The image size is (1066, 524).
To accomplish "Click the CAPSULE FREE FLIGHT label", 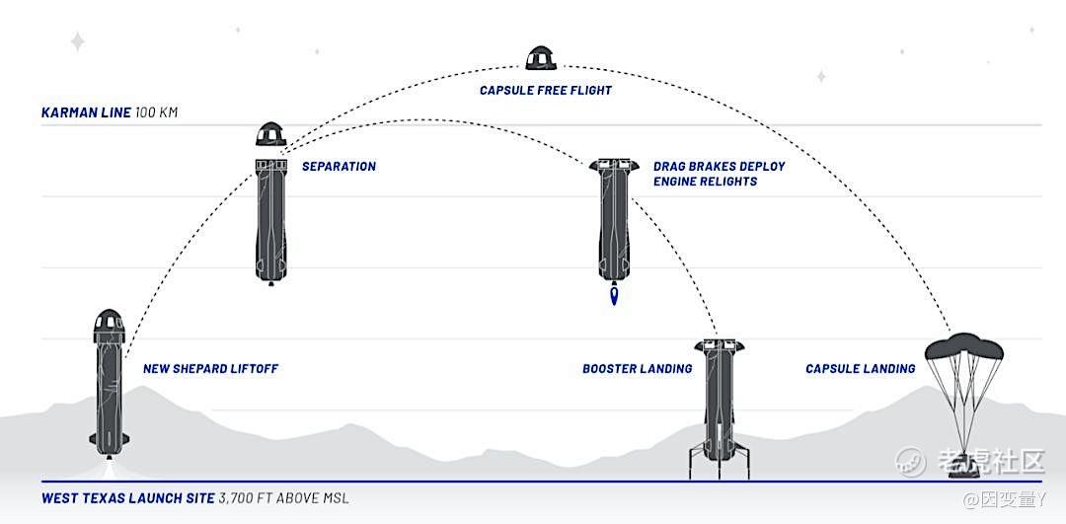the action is pos(545,91).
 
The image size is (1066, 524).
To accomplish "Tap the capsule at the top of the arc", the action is pos(541,58).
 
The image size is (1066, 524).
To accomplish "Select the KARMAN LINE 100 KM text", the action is pos(110,112).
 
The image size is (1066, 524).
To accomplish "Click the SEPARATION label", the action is pos(339,167).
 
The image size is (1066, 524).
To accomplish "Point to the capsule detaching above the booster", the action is pos(271,134).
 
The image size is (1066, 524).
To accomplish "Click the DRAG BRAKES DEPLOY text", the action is pos(720,167).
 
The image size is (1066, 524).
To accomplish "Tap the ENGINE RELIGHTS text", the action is pos(705,183).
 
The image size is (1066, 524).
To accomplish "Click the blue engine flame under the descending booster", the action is pos(615,296).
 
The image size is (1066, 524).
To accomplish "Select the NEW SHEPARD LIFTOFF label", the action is pos(211,369).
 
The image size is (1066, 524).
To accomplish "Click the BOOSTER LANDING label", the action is pos(637,369).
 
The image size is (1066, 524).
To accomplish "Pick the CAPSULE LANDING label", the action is pos(860,369).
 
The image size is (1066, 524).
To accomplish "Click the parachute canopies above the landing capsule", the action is pos(964,347).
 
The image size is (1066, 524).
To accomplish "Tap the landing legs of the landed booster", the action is pos(720,461).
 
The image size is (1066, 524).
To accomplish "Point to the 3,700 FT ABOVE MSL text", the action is pos(284,498).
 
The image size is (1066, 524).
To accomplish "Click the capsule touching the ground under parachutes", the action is pos(965,468).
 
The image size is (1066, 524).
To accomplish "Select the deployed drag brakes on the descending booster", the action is pos(614,165).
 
